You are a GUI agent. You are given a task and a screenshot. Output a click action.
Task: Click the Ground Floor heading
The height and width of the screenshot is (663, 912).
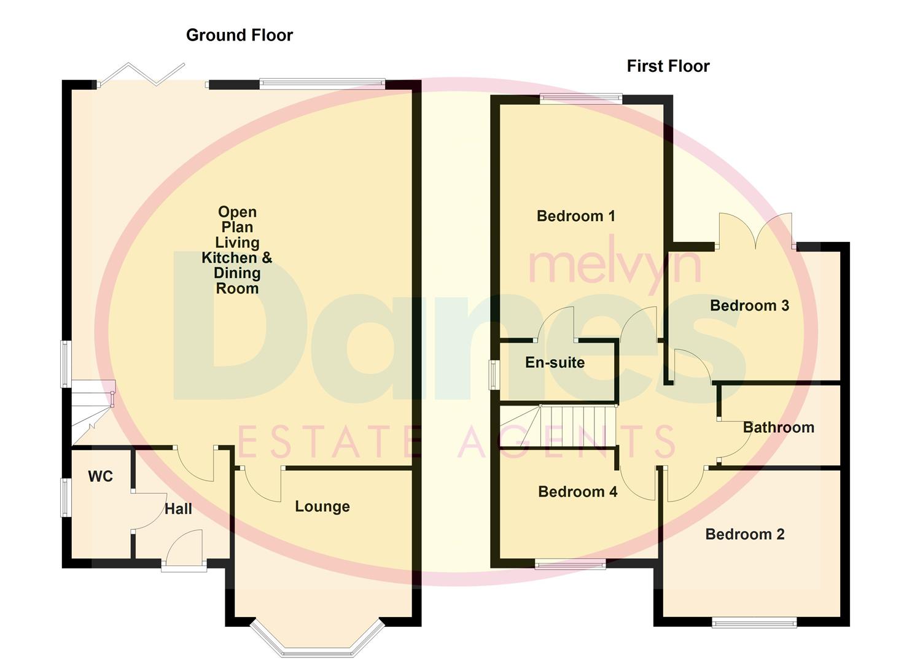point(240,36)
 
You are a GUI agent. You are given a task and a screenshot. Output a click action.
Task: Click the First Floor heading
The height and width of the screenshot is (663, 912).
point(668,66)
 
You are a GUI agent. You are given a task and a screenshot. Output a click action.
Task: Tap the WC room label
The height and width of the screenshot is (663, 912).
point(100,476)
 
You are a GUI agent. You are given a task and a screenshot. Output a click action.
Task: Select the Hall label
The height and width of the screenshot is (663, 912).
point(178,509)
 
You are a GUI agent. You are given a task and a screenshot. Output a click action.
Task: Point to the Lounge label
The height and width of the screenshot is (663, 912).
point(322,506)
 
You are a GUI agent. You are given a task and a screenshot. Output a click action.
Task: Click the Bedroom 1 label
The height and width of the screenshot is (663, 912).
point(575,216)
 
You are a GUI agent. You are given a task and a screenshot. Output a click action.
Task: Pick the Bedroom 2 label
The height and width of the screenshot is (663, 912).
point(744,534)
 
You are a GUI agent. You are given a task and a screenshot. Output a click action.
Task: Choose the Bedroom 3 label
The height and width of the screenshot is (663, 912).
point(749,306)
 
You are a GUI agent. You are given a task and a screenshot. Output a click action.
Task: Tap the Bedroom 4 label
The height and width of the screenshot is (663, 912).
point(577,492)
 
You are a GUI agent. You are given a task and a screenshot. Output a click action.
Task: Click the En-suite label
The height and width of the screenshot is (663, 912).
point(555,363)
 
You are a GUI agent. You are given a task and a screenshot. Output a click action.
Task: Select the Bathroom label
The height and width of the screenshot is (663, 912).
point(778,427)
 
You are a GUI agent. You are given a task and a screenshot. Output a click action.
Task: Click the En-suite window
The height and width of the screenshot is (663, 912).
point(493,374)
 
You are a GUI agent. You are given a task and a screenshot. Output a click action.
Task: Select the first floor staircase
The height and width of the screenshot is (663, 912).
point(559,426)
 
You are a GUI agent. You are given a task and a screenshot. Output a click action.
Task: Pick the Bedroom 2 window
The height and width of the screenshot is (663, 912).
point(754,623)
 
